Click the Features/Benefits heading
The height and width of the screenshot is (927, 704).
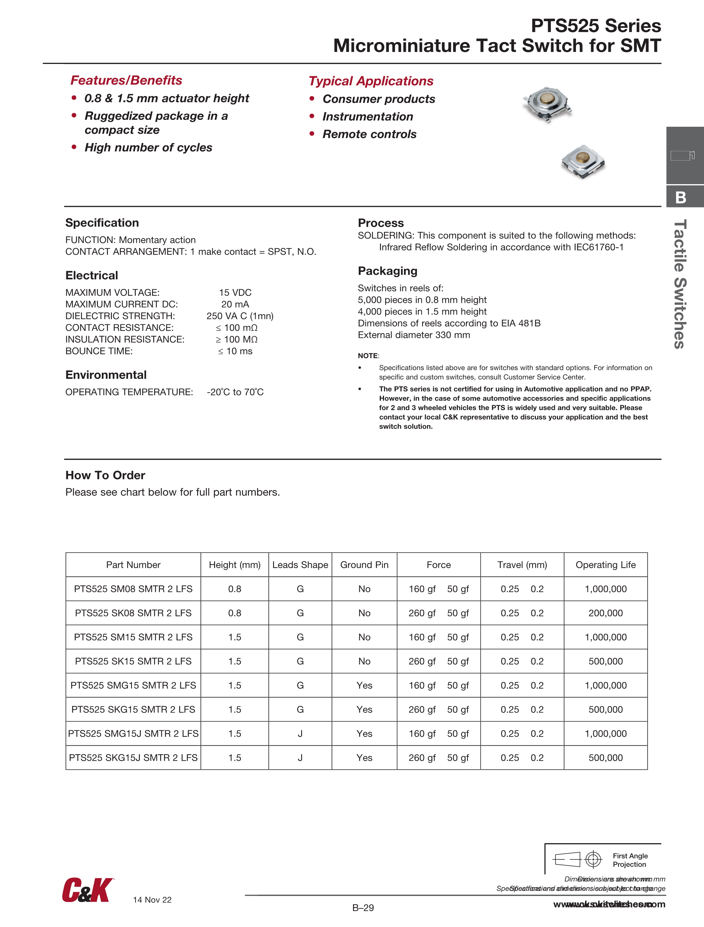[x=126, y=80]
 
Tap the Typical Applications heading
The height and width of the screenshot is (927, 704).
[x=371, y=81]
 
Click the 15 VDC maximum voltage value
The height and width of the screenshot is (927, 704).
[x=235, y=292]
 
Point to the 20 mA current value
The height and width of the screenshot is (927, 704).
[x=235, y=304]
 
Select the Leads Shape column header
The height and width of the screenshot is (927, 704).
[x=300, y=565]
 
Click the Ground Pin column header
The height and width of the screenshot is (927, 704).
[x=364, y=565]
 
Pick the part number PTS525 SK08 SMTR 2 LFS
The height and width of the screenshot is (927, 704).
[x=133, y=613]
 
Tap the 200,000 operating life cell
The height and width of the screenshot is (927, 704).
[x=605, y=613]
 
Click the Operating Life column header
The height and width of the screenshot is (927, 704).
[x=605, y=565]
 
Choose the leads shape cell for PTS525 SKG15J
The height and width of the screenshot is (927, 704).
[x=300, y=758]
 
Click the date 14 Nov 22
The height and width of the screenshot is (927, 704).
[x=152, y=900]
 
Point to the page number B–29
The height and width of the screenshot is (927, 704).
[x=363, y=908]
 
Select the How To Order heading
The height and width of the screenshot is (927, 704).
[x=105, y=475]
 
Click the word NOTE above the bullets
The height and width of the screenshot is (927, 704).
[x=368, y=356]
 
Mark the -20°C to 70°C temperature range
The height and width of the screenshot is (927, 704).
[x=235, y=392]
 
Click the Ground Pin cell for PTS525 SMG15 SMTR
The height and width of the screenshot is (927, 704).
[x=364, y=686]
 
